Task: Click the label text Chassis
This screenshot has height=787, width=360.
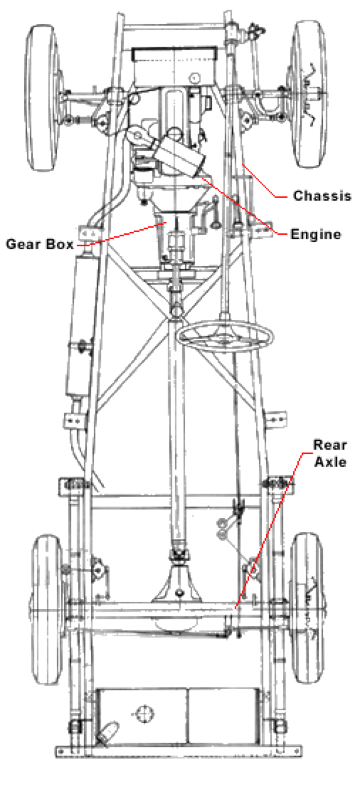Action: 322,196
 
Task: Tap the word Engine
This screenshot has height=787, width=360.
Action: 316,234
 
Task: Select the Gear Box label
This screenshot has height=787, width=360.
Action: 40,245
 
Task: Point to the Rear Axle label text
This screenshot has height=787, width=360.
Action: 330,453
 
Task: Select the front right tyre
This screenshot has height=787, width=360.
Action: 308,94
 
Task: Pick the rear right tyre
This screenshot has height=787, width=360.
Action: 307,608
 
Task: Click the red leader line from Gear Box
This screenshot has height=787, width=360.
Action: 120,235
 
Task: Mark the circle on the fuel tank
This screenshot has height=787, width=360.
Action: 144,713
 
